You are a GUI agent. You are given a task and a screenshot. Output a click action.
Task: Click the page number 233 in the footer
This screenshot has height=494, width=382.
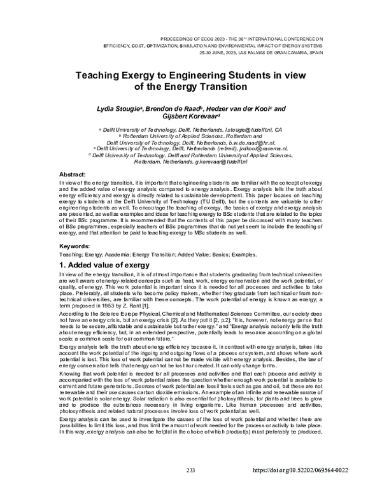(190, 487)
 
